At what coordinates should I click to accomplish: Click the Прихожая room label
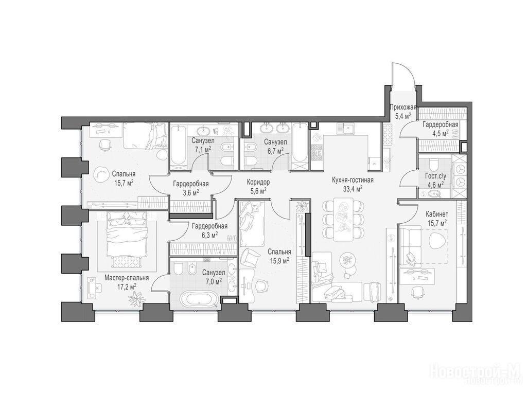click(x=403, y=107)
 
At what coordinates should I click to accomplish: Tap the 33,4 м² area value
click(x=353, y=189)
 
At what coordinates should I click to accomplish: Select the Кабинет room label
click(x=436, y=213)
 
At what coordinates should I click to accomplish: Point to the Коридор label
click(x=258, y=182)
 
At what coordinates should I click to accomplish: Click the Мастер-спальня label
click(x=127, y=278)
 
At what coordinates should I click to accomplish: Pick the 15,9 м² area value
click(x=278, y=260)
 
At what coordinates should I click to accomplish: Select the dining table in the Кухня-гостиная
click(x=343, y=219)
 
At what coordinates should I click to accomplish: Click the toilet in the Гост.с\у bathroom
click(x=434, y=164)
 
